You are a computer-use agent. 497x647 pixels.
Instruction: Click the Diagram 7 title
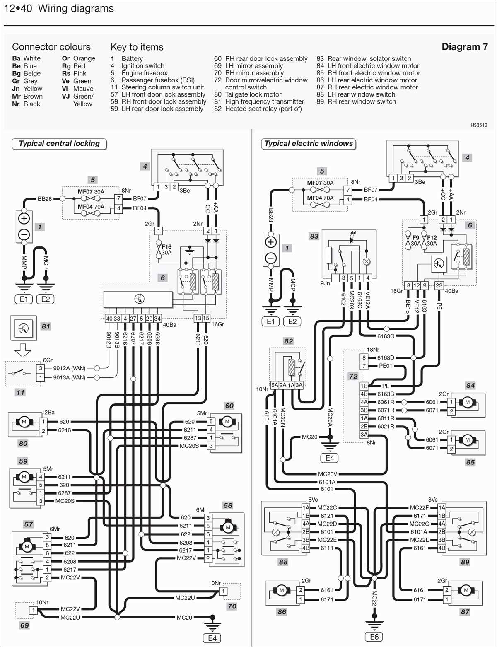[x=464, y=47]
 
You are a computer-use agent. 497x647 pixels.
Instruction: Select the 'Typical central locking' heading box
[x=59, y=144]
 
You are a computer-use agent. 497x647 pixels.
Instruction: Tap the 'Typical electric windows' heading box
[x=309, y=144]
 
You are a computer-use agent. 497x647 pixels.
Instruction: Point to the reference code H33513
[x=478, y=125]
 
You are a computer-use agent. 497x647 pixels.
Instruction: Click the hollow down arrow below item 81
[x=23, y=350]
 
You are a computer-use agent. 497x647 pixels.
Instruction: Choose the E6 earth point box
[x=374, y=637]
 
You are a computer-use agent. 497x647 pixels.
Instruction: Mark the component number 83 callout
[x=314, y=236]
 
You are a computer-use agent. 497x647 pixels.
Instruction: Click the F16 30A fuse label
[x=166, y=250]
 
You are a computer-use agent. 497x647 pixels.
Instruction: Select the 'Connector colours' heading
[x=51, y=47]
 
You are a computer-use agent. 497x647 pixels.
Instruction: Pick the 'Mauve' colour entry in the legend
[x=83, y=89]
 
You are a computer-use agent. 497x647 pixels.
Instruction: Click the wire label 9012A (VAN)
[x=69, y=368]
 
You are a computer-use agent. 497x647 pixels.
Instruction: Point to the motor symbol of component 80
[x=24, y=422]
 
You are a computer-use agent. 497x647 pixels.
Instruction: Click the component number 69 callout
[x=24, y=625]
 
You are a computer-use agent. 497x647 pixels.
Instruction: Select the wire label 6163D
[x=386, y=357]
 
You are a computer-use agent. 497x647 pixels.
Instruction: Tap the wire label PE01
[x=386, y=366]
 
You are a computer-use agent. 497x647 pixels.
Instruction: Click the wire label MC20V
[x=328, y=474]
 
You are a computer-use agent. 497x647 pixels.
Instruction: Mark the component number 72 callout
[x=353, y=376]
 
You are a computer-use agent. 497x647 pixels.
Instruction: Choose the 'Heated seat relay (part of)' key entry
[x=263, y=109]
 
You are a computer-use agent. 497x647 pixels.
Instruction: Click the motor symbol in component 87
[x=466, y=590]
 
